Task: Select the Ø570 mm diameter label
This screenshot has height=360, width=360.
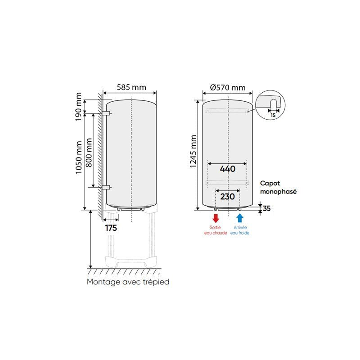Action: click(x=228, y=87)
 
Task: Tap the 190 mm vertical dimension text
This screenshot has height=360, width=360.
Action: click(x=79, y=107)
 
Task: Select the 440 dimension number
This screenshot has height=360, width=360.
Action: click(x=228, y=169)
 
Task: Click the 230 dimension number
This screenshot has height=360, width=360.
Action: click(x=228, y=196)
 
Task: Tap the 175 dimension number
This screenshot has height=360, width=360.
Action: click(x=111, y=228)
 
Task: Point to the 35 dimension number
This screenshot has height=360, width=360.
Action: click(x=267, y=208)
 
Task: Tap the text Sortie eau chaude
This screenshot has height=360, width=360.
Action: click(x=216, y=230)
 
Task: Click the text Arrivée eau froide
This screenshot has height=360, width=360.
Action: click(x=240, y=230)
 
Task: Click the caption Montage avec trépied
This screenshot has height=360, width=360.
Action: click(x=128, y=282)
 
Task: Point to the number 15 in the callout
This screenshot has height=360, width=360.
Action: click(x=273, y=115)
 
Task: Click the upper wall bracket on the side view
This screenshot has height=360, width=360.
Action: click(x=106, y=112)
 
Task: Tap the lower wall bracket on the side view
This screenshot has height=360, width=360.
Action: click(x=106, y=187)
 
